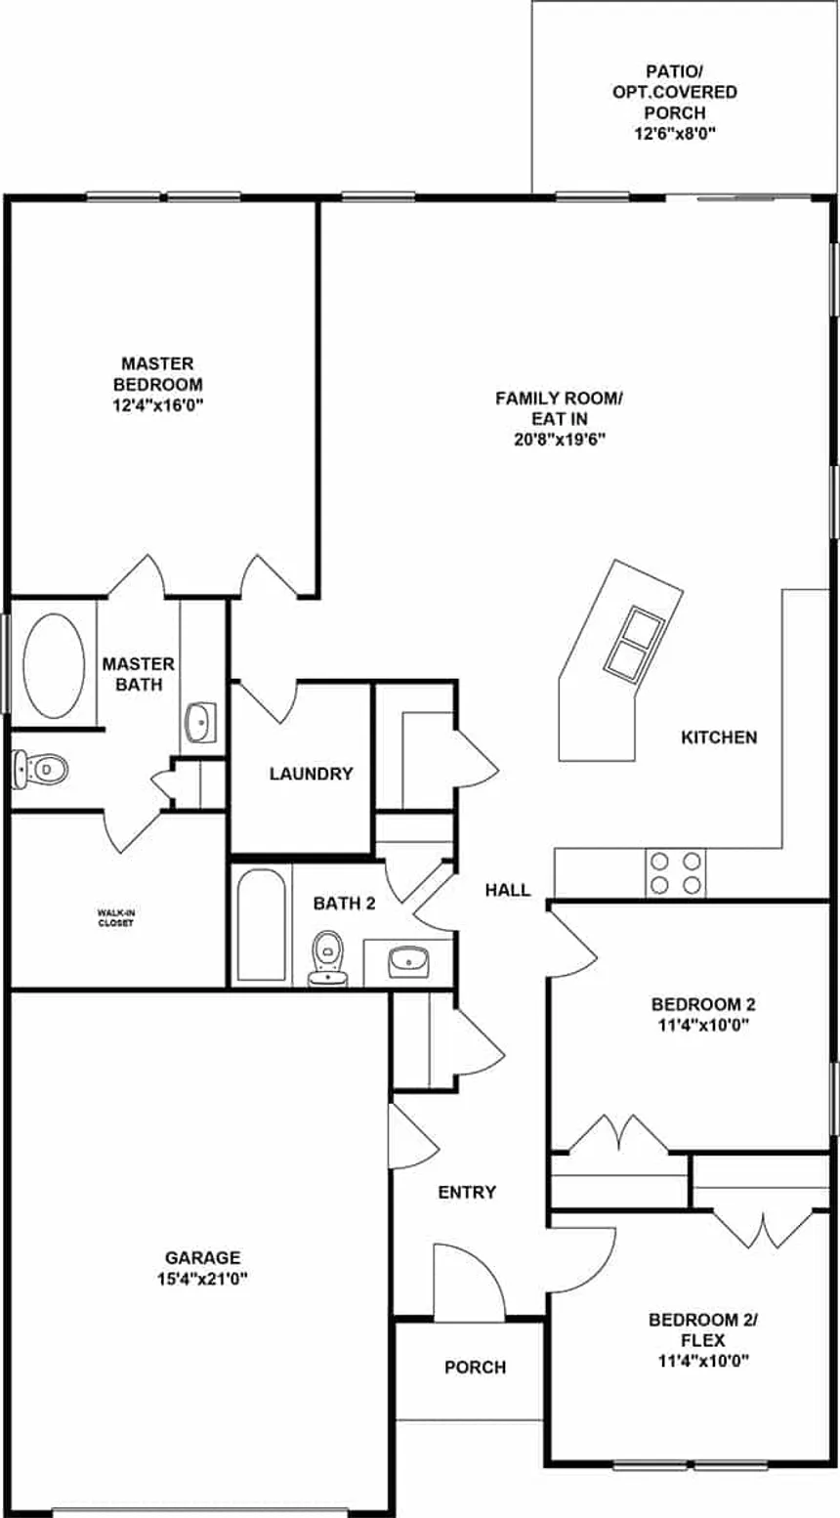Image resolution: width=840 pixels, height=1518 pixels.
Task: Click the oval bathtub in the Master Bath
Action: click(x=54, y=665)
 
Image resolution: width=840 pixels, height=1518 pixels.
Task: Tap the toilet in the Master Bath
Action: click(x=41, y=769)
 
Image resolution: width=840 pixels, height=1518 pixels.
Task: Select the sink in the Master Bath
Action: click(x=200, y=723)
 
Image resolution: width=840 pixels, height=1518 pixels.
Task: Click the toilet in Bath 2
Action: click(x=328, y=958)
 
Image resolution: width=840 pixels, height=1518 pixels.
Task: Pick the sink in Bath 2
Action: click(x=408, y=961)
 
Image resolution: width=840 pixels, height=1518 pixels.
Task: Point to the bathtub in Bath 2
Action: click(x=262, y=924)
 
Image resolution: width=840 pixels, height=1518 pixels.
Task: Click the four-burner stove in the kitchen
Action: click(x=675, y=873)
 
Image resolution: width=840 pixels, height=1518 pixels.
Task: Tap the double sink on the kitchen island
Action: click(x=637, y=641)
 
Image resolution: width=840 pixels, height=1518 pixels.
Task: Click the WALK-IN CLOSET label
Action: click(x=115, y=918)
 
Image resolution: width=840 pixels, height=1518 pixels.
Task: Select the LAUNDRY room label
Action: click(x=311, y=774)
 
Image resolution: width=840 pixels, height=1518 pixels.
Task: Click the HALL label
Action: click(x=507, y=890)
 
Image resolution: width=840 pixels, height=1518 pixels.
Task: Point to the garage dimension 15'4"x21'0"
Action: click(x=202, y=1279)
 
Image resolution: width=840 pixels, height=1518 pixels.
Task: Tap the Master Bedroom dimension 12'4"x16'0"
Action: click(x=158, y=405)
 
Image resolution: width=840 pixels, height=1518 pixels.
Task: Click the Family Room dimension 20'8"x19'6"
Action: click(x=560, y=440)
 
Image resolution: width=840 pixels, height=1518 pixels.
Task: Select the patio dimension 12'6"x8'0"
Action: click(x=675, y=133)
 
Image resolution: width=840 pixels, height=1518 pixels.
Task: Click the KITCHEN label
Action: click(x=719, y=738)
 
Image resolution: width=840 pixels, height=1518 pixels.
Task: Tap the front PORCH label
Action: click(x=475, y=1367)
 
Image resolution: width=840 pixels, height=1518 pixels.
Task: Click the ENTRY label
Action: click(x=467, y=1192)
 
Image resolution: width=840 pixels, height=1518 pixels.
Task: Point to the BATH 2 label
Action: click(x=344, y=903)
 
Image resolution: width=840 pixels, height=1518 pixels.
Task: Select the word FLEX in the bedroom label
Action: click(x=703, y=1340)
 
